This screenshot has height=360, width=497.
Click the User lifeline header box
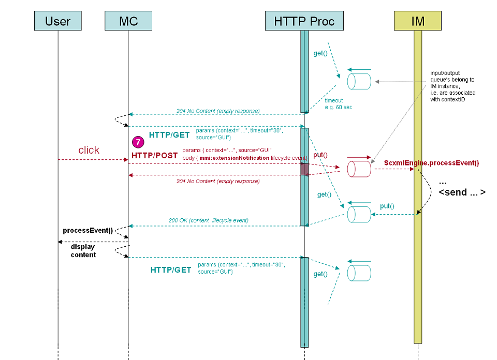[58, 21]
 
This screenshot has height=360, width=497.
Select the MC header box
[128, 21]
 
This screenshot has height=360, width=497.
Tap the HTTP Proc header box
[304, 21]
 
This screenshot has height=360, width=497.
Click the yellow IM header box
[418, 21]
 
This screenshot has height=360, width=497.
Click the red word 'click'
[89, 150]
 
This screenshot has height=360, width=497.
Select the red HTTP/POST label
[154, 155]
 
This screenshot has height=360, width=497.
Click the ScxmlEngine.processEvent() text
[431, 163]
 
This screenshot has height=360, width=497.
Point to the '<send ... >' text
[462, 192]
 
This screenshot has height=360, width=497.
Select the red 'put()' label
[320, 155]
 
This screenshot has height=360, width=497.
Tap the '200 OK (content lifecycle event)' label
[208, 220]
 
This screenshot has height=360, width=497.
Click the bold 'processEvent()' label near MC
[87, 230]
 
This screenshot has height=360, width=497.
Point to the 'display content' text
[83, 251]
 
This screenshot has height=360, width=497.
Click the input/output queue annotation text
[452, 86]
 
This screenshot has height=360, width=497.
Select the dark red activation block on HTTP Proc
[305, 169]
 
